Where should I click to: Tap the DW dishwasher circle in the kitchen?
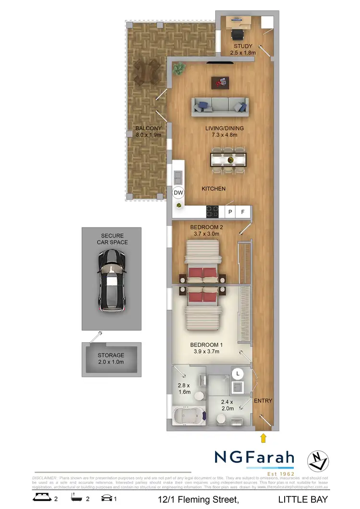pyautogui.click(x=179, y=193)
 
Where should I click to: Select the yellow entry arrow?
pyautogui.click(x=263, y=437)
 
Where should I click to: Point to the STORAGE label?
pyautogui.click(x=111, y=355)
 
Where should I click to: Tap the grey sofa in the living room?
pyautogui.click(x=220, y=106)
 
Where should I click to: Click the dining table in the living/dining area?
pyautogui.click(x=229, y=159)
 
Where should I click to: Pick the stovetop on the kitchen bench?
pyautogui.click(x=212, y=211)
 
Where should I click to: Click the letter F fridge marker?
pyautogui.click(x=243, y=211)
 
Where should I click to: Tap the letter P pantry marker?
pyautogui.click(x=230, y=211)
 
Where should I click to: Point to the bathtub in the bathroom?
pyautogui.click(x=185, y=416)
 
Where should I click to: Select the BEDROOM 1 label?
pyautogui.click(x=206, y=345)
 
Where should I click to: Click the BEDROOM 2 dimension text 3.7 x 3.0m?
pyautogui.click(x=206, y=234)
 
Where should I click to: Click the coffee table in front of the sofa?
pyautogui.click(x=221, y=83)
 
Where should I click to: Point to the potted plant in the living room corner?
pyautogui.click(x=179, y=69)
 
